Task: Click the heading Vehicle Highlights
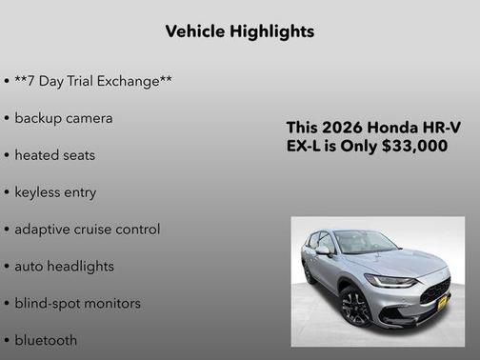239,31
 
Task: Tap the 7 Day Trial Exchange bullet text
93,81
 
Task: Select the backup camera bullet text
63,118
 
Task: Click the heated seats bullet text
54,155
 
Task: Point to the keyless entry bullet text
55,192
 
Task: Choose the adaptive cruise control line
87,230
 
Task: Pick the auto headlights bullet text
64,267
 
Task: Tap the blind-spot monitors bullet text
77,304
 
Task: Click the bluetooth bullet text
46,340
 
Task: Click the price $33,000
416,147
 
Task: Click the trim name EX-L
304,147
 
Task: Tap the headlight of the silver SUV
390,281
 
